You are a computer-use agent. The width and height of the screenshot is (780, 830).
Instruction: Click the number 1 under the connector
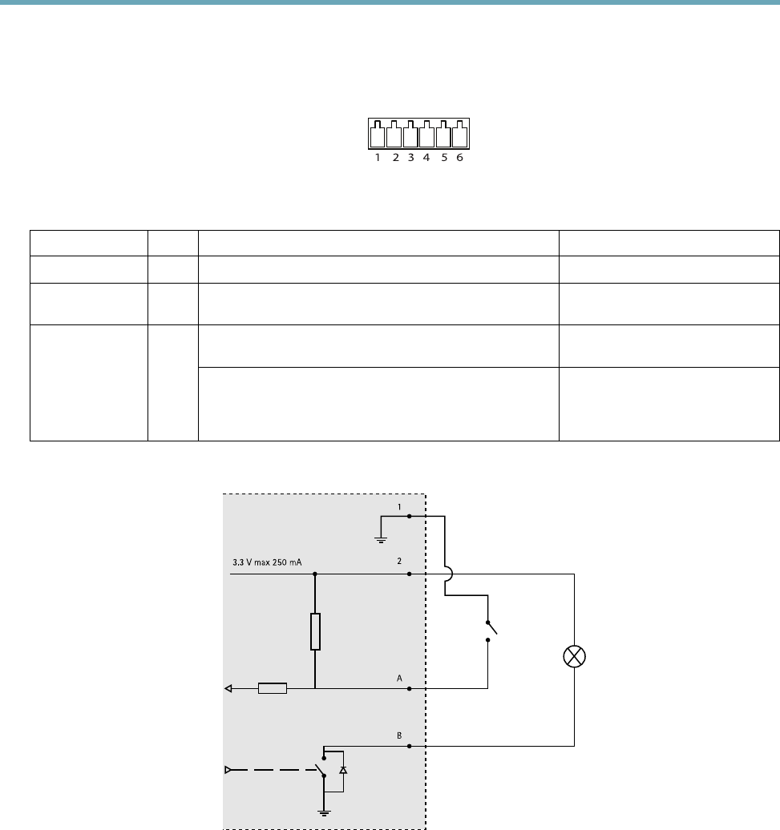point(378,159)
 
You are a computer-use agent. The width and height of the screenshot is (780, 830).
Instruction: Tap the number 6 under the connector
point(459,159)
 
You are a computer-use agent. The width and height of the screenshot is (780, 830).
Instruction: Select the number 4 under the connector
point(426,159)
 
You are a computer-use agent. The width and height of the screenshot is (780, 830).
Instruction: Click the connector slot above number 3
point(410,134)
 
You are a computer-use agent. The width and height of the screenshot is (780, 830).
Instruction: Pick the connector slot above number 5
point(443,134)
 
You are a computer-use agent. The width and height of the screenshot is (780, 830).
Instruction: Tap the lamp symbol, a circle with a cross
point(575,657)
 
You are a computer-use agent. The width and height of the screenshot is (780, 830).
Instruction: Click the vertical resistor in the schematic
point(315,631)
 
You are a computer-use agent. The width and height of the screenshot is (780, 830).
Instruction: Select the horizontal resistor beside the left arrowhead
point(272,687)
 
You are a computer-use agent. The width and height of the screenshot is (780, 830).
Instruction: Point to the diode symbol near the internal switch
point(343,769)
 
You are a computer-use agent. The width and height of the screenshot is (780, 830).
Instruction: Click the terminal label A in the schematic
point(398,678)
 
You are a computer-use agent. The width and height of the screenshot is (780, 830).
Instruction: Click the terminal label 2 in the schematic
point(398,563)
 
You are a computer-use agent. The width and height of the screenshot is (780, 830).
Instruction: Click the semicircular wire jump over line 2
point(447,574)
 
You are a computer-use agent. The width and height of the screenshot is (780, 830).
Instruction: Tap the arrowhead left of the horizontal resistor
point(228,687)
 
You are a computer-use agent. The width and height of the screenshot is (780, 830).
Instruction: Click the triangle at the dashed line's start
point(228,769)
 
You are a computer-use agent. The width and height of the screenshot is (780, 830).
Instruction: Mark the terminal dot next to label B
point(410,746)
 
